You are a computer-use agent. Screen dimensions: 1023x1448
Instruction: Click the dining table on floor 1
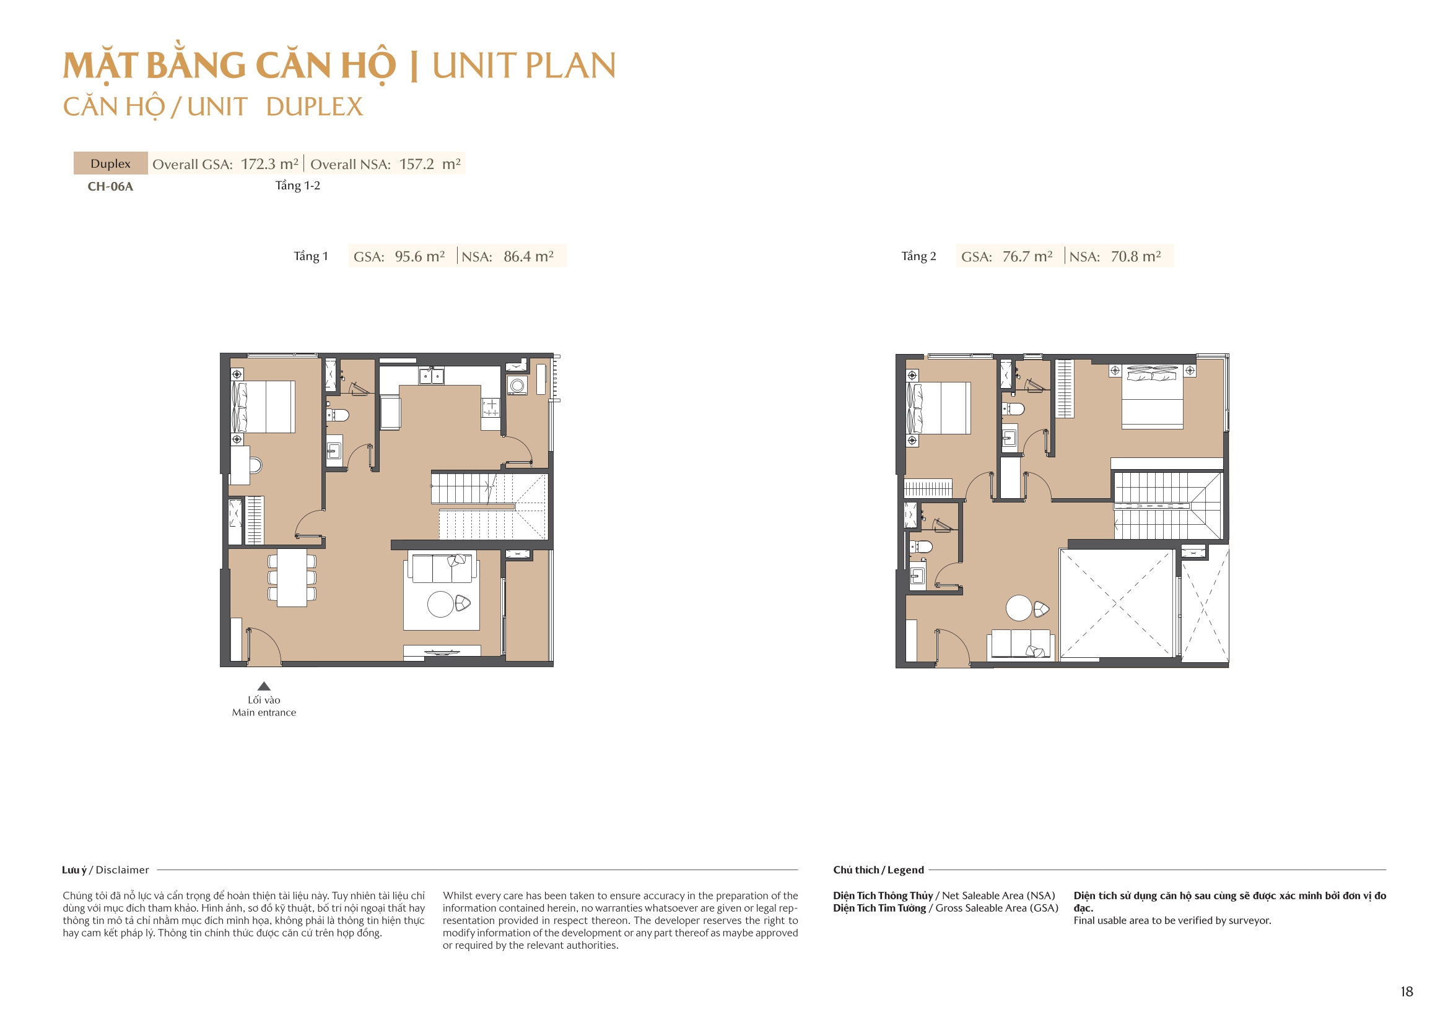(x=292, y=578)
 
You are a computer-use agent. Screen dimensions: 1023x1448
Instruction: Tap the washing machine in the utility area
(x=517, y=385)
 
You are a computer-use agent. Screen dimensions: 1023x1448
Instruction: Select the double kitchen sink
(x=432, y=377)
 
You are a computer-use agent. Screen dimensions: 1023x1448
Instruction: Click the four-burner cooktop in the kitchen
(x=491, y=408)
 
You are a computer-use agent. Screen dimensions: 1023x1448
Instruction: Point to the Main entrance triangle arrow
(x=264, y=686)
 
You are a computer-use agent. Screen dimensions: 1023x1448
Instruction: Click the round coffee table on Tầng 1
(x=440, y=605)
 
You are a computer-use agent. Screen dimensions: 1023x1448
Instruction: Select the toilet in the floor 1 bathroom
(x=339, y=415)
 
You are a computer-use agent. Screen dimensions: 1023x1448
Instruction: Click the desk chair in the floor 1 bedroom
(x=255, y=466)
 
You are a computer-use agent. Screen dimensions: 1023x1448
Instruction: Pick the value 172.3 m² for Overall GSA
(x=269, y=164)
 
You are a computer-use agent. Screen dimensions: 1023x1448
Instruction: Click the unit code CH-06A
(x=110, y=186)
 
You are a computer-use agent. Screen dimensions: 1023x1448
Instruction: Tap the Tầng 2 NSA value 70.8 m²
(x=1135, y=257)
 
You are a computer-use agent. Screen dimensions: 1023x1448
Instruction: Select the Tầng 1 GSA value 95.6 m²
(x=419, y=257)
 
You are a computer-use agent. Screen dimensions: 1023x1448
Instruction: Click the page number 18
(x=1407, y=992)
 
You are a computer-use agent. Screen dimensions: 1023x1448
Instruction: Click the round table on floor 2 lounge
(x=1019, y=608)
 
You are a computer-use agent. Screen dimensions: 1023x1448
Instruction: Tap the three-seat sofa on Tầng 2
(x=1021, y=644)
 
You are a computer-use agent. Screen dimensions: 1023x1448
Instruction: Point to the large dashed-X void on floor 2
(x=1115, y=604)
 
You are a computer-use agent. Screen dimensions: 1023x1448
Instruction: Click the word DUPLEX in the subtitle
(x=314, y=107)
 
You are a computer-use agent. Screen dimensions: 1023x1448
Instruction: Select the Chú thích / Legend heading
(x=878, y=870)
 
